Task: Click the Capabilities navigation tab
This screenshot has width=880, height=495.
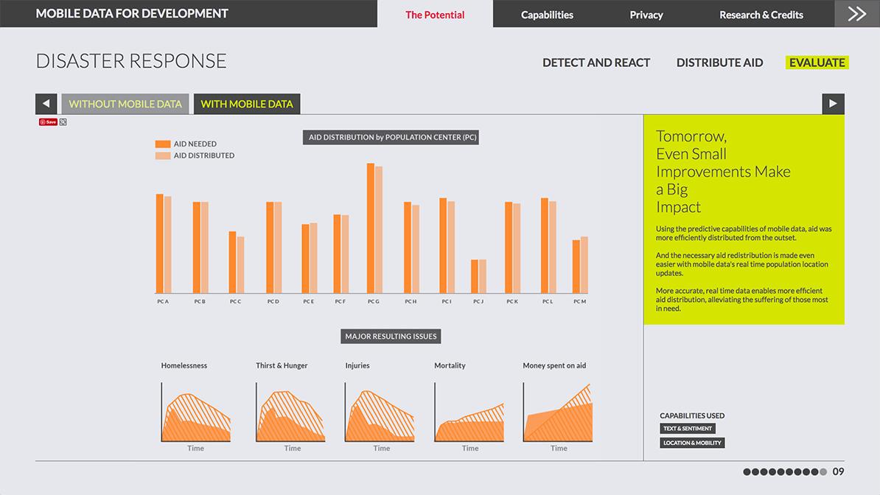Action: click(547, 15)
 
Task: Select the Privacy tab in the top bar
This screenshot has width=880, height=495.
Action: click(646, 15)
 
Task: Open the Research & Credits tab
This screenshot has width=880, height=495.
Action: click(761, 15)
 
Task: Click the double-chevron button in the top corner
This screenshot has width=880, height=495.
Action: click(857, 14)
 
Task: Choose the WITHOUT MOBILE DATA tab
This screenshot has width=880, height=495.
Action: click(125, 104)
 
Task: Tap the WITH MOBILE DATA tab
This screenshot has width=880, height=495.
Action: click(247, 104)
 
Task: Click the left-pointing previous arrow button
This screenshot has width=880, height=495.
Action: click(46, 104)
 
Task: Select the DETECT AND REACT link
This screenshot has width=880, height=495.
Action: click(596, 63)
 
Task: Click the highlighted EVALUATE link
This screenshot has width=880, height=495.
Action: click(817, 63)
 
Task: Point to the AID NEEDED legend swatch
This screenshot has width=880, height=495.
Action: click(163, 144)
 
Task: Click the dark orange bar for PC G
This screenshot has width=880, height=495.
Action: click(371, 228)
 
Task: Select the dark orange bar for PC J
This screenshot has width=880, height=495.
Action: click(475, 276)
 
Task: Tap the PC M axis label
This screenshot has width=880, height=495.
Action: click(579, 302)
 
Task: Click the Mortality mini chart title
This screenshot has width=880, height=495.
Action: click(450, 365)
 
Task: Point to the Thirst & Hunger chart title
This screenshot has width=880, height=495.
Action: click(282, 365)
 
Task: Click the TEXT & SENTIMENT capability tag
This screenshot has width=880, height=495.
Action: click(688, 429)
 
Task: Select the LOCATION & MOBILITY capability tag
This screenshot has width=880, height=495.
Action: click(693, 443)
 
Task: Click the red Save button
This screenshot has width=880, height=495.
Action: click(48, 122)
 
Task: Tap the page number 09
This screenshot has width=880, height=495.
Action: click(838, 471)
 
